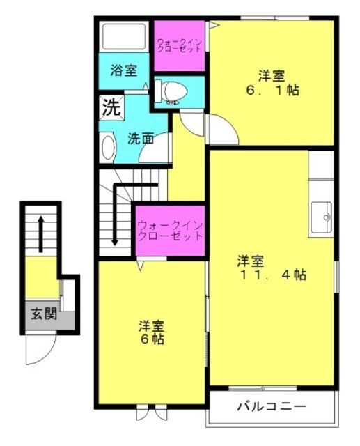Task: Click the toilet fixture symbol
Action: coord(171,91)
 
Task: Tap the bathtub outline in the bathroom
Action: coord(124,37)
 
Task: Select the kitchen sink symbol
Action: coord(321,217)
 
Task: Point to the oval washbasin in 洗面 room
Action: coord(108,147)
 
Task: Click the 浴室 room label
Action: coord(124,70)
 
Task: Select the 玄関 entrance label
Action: coord(44,314)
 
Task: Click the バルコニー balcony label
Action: coord(272,406)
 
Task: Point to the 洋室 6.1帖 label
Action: coord(272,83)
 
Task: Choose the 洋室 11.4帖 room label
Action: coord(272,268)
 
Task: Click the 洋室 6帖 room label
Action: coord(151,332)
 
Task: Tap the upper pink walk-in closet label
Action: coord(180,45)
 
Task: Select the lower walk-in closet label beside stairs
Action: coord(170,231)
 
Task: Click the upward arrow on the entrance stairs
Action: coord(41,234)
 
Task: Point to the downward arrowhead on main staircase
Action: coord(115,242)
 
